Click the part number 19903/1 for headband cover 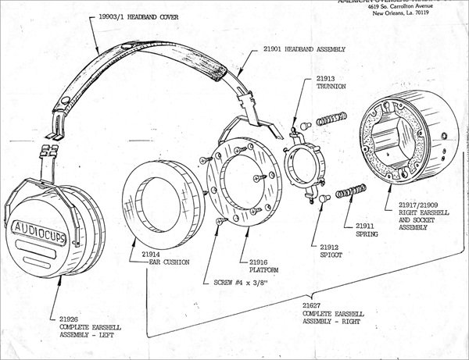[110, 15]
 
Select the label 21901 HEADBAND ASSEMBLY [298, 48]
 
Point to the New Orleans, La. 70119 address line [411, 13]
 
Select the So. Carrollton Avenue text [419, 5]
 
